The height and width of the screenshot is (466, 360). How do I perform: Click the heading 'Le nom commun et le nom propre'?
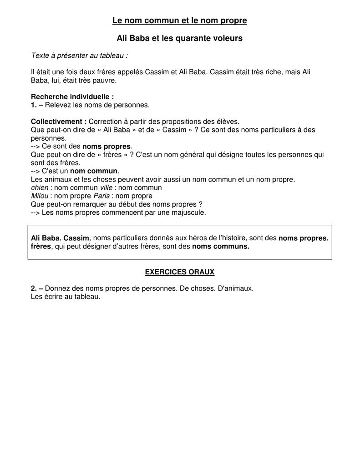(x=180, y=20)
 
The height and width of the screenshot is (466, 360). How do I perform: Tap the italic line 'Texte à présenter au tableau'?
(x=79, y=56)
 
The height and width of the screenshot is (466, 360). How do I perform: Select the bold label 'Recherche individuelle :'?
(x=72, y=97)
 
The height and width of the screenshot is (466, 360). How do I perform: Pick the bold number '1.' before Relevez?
(x=34, y=105)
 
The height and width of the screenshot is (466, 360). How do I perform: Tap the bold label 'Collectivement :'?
(x=59, y=122)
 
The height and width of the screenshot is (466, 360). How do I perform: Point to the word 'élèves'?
(x=228, y=122)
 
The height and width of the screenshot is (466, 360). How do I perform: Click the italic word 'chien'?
(x=40, y=187)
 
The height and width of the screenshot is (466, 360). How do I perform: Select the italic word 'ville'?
(x=106, y=187)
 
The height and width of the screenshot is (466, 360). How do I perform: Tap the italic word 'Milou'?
(x=40, y=196)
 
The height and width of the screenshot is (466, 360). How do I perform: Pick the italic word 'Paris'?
(x=101, y=196)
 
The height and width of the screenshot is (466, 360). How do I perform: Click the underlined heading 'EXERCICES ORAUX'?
(x=180, y=272)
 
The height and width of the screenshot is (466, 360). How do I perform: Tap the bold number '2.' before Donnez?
(x=34, y=289)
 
